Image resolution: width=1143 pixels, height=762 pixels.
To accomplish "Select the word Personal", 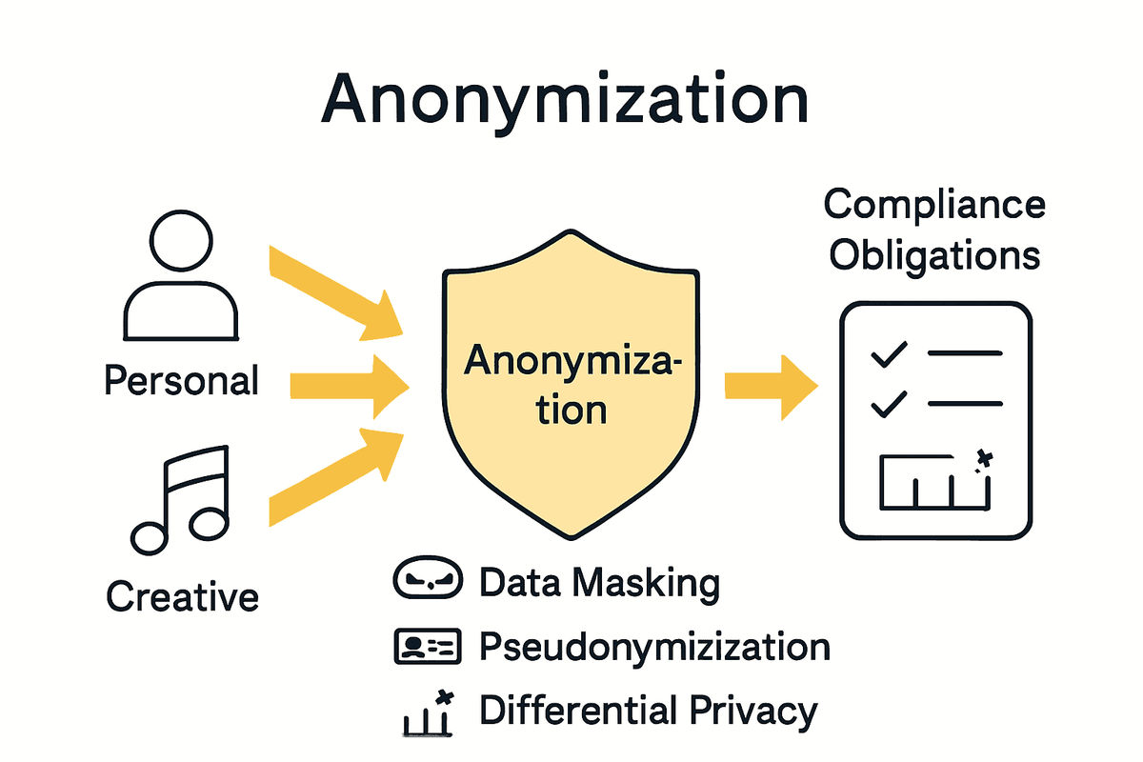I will pos(181,381).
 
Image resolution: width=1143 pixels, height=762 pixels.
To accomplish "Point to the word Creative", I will pos(182,597).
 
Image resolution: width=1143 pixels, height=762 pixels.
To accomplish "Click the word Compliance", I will pos(934,205).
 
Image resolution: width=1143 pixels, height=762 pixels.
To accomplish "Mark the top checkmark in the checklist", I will pos(889,356).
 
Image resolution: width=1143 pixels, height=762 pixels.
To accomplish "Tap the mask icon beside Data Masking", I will pos(427,582).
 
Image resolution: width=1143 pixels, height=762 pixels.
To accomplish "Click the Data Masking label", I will pos(599,583).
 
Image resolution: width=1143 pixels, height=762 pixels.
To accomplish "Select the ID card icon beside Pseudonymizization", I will pos(427,648).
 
